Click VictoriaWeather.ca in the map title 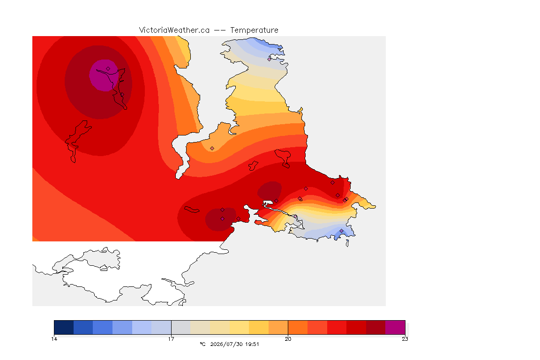(x=174, y=30)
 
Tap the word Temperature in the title (x=254, y=30)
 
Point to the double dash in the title (x=220, y=30)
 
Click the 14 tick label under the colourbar (x=54, y=339)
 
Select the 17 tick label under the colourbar (x=171, y=339)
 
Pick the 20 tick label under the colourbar (x=288, y=339)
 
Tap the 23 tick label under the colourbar (x=405, y=339)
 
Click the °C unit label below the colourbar (x=202, y=344)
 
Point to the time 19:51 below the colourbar (x=252, y=344)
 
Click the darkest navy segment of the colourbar (x=64, y=327)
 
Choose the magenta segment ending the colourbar (x=395, y=327)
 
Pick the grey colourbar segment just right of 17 (x=181, y=327)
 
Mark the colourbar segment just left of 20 (x=278, y=327)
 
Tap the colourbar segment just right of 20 (x=298, y=327)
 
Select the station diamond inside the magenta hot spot (x=108, y=69)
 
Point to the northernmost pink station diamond (x=270, y=59)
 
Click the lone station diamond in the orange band (x=212, y=149)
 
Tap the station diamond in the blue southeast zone (x=341, y=231)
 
